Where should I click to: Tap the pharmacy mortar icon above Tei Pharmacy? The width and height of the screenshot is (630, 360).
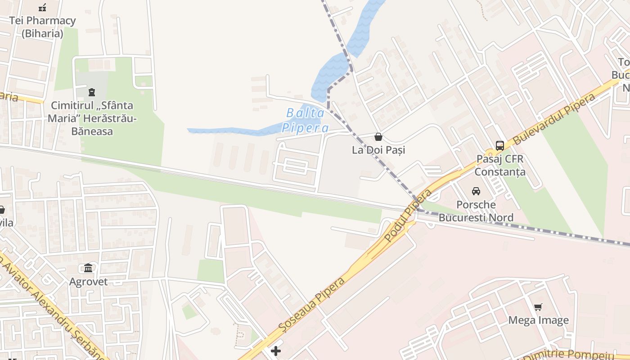[42, 7]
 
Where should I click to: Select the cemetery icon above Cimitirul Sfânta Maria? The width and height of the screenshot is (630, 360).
[92, 92]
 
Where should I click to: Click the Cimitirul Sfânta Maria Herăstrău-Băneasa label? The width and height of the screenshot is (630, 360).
[92, 118]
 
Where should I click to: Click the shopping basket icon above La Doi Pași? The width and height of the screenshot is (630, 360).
[378, 137]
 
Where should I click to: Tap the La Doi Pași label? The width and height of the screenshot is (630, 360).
[378, 150]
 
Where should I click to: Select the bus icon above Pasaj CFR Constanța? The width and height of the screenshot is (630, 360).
[500, 145]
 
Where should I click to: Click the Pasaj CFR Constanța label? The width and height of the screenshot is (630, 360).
[500, 165]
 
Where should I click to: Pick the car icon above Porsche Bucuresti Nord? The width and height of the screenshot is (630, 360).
[476, 191]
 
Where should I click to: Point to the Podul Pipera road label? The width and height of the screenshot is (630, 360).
[409, 216]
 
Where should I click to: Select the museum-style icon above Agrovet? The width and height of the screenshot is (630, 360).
[88, 268]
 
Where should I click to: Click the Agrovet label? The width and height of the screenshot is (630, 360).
[88, 282]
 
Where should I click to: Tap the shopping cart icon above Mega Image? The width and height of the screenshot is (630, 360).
[538, 307]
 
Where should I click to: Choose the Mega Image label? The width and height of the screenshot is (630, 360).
[538, 320]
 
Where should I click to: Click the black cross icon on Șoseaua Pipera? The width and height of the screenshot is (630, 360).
[276, 351]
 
